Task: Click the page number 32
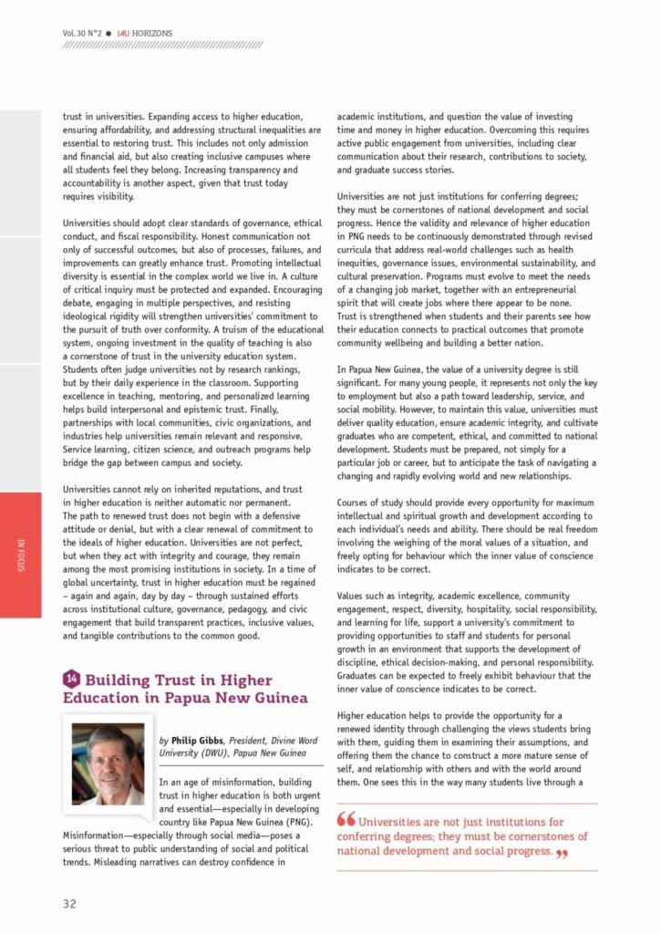tap(69, 903)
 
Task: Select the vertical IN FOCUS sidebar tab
tap(21, 556)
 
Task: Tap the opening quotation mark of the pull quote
tap(346, 819)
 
